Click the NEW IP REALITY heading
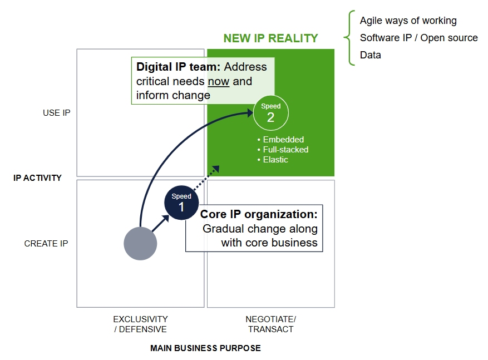click(270, 38)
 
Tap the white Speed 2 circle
click(270, 113)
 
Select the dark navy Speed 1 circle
click(181, 203)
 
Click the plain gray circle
click(140, 243)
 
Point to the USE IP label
click(57, 113)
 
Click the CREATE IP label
click(46, 244)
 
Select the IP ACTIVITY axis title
click(37, 178)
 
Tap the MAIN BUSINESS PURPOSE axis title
click(205, 348)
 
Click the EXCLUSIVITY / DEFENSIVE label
click(140, 324)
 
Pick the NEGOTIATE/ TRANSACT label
click(271, 324)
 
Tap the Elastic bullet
click(275, 160)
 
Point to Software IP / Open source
click(418, 38)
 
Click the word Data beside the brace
click(371, 55)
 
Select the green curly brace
click(349, 38)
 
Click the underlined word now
click(219, 81)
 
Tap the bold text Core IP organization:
click(259, 214)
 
